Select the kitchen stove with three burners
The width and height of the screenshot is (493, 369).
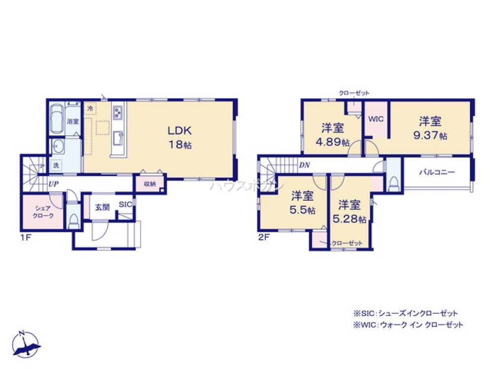pos(118,113)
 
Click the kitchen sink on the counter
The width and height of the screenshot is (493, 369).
pos(118,138)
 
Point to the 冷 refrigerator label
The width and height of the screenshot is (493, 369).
pos(90,108)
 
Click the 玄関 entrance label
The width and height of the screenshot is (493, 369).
pos(102,207)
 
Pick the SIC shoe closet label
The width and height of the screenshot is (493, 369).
pos(125,205)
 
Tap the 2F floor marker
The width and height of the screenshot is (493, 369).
pos(264,237)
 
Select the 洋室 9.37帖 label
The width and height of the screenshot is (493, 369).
pos(430,128)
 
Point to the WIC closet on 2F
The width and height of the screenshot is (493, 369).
pos(376,119)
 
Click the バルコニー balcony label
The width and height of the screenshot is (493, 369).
pos(437,172)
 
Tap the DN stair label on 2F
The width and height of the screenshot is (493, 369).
pos(305,166)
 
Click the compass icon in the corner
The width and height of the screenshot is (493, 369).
pos(27,344)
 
